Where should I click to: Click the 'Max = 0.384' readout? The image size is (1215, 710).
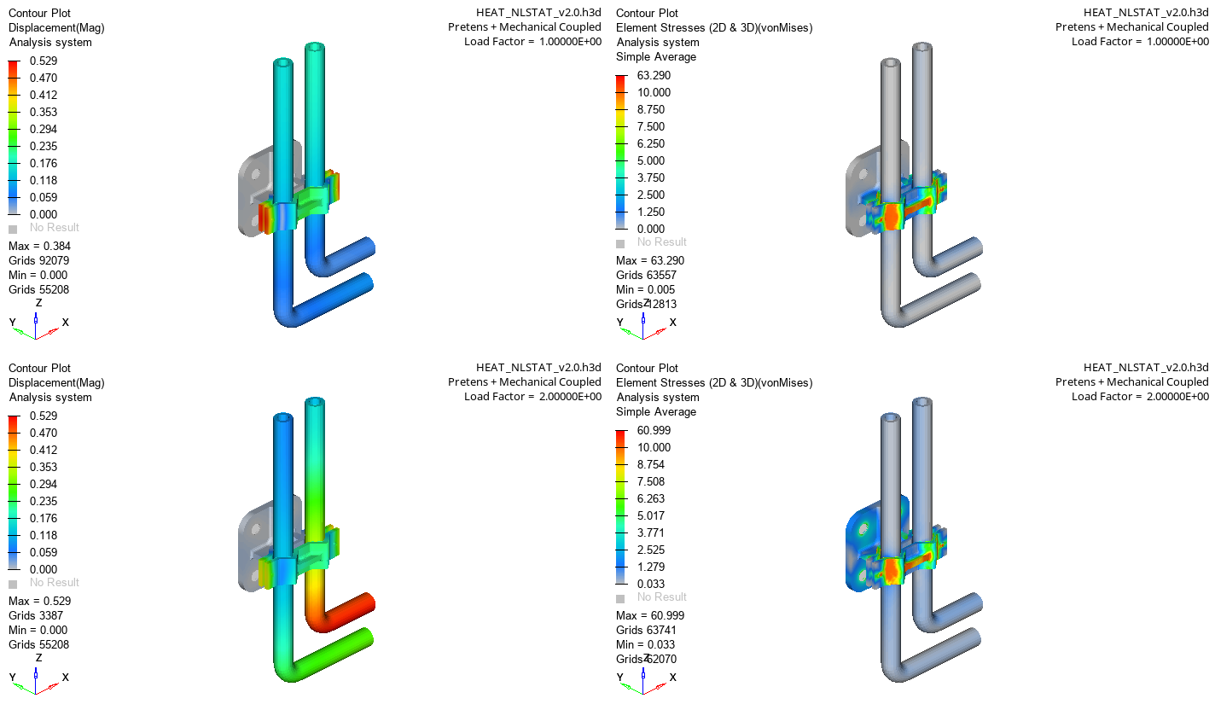[38, 246]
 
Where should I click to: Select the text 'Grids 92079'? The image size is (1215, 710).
[38, 260]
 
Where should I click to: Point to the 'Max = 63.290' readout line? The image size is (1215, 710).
[649, 260]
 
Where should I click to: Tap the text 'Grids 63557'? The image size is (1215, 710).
[646, 275]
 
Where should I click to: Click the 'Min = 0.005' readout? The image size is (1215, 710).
[645, 289]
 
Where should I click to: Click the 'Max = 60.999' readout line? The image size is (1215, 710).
[649, 615]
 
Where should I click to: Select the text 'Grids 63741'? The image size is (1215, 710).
[646, 630]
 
